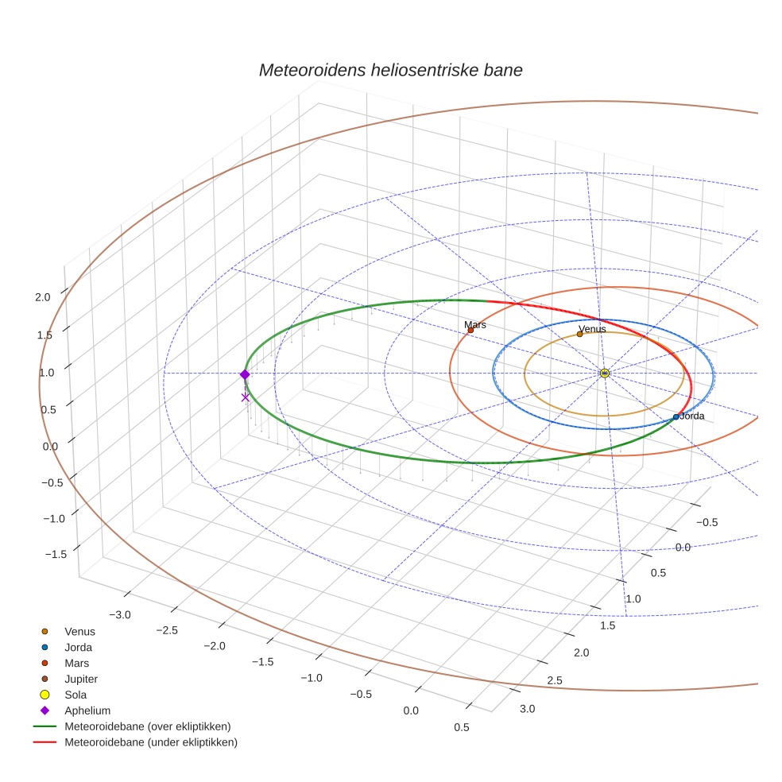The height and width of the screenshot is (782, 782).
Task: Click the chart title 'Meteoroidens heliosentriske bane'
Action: [390, 70]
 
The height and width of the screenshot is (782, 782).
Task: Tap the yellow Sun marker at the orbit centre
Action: [604, 373]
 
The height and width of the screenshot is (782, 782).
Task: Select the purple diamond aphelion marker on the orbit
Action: [245, 374]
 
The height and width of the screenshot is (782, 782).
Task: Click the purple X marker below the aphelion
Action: [245, 397]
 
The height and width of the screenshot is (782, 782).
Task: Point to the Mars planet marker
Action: [470, 330]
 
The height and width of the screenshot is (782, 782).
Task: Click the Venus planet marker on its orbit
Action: [579, 334]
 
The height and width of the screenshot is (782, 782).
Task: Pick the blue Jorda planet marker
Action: [676, 416]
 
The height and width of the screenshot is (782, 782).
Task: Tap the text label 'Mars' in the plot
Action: [475, 324]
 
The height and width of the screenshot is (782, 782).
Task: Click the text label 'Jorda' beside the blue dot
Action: [692, 416]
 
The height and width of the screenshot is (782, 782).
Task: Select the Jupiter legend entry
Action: [81, 679]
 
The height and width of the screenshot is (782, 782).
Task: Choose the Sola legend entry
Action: [75, 695]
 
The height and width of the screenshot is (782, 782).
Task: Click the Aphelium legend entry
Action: [87, 710]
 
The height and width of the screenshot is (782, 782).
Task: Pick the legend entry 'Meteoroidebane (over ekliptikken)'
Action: [147, 726]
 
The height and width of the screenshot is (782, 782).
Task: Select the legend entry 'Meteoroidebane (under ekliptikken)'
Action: [150, 742]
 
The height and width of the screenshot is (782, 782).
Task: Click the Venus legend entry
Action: [79, 631]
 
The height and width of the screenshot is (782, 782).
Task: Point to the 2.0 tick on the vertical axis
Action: [42, 296]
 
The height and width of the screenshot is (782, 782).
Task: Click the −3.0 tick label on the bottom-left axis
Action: [120, 614]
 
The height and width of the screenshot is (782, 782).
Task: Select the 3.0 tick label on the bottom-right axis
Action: [526, 708]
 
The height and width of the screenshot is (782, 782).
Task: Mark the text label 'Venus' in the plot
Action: [592, 328]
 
